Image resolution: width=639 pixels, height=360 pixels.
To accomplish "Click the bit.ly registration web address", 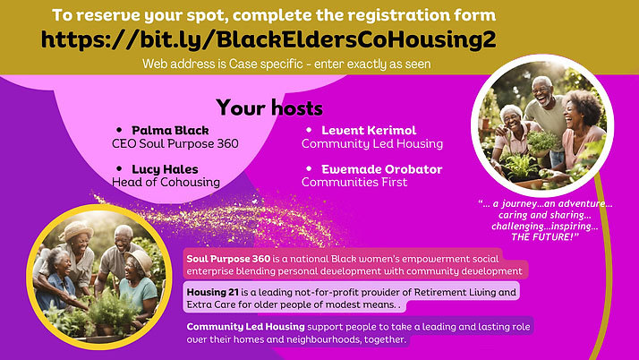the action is [268, 39].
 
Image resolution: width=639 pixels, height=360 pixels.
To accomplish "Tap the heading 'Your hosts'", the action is [269, 107].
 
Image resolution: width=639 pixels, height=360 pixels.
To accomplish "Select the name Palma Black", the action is [170, 131].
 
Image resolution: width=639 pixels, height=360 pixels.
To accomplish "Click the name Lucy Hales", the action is [165, 169].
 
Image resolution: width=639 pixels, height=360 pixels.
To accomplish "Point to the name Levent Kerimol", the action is [369, 131].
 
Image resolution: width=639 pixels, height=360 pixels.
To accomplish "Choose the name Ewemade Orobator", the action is [382, 169].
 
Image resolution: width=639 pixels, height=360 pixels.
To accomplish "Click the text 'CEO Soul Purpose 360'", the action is [175, 144].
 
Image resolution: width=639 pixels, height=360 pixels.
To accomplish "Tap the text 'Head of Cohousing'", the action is [166, 183].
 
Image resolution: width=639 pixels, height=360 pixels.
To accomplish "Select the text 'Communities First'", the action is [354, 183].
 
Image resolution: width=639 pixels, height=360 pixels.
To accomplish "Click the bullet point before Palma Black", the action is [119, 130].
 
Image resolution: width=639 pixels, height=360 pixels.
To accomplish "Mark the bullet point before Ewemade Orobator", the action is [309, 168].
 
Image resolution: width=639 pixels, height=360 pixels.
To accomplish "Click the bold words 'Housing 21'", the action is [212, 292].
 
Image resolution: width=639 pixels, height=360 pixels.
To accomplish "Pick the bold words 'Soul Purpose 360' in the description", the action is [228, 259].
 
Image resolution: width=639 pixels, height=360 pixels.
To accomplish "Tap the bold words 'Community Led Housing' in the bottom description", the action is [246, 327].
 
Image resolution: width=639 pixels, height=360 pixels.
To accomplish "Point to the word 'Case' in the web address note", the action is [243, 64].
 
